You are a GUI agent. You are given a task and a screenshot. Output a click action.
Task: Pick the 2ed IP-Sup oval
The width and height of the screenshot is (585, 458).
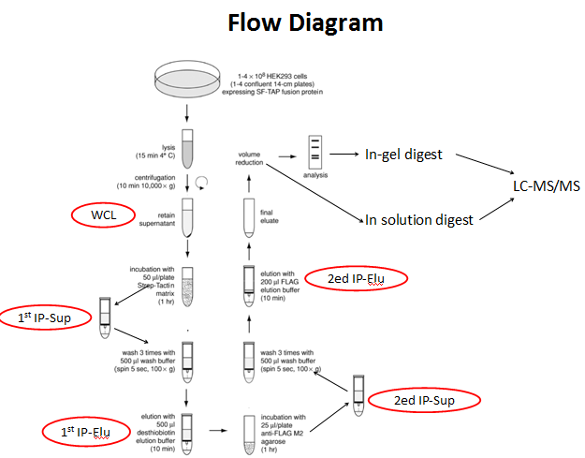point(423,400)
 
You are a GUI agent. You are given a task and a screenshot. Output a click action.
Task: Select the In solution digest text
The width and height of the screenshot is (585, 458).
point(418,220)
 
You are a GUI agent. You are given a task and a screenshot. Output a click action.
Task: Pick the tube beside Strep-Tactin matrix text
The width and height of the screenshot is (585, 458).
point(187,285)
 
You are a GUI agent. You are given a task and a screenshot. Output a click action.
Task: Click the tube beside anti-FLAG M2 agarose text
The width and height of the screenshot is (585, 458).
point(250,430)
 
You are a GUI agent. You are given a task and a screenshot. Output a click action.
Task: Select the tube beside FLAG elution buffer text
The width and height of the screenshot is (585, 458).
point(250,284)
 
